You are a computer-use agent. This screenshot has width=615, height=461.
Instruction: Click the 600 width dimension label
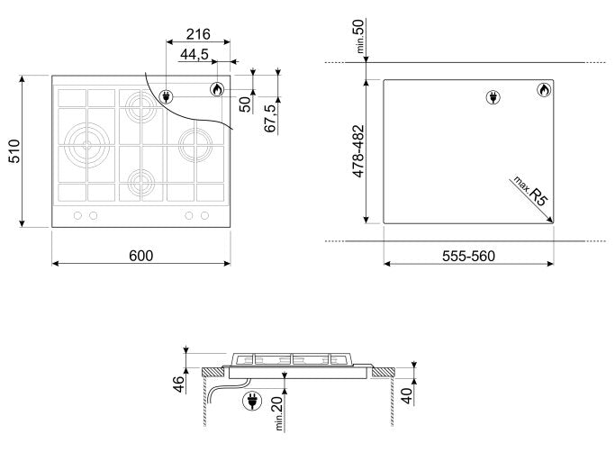(140, 256)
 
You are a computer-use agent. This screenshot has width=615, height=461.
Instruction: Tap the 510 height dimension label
(14, 151)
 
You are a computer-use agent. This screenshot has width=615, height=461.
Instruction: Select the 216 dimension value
(198, 34)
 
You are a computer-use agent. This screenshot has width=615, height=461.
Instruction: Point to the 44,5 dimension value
(194, 55)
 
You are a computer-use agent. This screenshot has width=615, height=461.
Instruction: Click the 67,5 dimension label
(271, 118)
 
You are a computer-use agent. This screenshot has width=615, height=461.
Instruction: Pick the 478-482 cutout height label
(358, 151)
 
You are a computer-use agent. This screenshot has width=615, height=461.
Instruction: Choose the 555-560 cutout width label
(469, 257)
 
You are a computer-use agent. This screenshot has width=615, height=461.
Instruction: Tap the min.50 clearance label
(359, 37)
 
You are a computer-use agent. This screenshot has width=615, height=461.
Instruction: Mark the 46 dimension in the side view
(179, 384)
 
